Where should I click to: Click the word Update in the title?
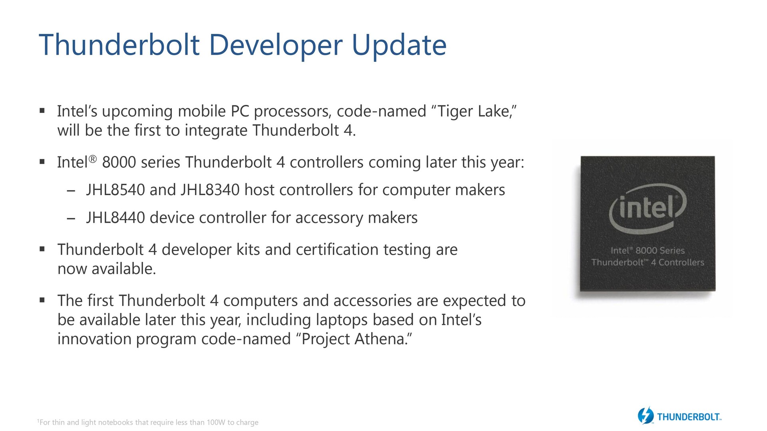[x=399, y=45]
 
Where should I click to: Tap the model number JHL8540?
[x=115, y=190]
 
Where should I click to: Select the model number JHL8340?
[x=210, y=190]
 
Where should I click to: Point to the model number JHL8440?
[x=115, y=218]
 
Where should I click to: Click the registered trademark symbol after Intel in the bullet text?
[x=92, y=159]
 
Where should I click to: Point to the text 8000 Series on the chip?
[x=660, y=251]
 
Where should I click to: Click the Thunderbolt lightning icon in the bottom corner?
[x=646, y=415]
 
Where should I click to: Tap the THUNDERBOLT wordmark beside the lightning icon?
[x=689, y=417]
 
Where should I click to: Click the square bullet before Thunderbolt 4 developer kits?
[x=42, y=249]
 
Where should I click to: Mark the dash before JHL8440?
[x=72, y=219]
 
